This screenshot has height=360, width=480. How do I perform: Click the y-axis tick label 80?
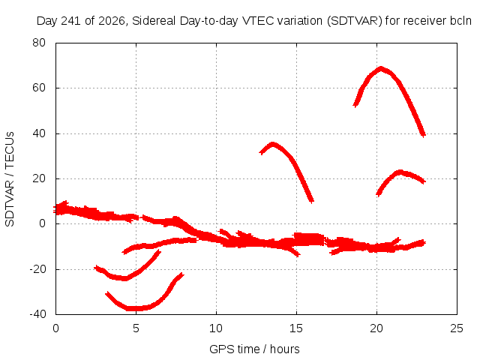click(x=39, y=43)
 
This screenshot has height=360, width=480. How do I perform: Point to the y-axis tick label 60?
click(x=39, y=88)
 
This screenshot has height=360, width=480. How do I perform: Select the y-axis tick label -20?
click(x=37, y=269)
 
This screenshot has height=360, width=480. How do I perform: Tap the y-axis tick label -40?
click(x=37, y=314)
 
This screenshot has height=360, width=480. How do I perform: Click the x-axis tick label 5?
click(x=136, y=328)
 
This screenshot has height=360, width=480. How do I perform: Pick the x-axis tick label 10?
click(x=216, y=328)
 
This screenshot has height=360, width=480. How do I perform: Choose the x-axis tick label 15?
click(x=296, y=328)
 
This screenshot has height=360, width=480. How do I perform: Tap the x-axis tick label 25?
click(x=457, y=328)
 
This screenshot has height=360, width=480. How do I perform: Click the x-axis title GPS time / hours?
click(x=254, y=349)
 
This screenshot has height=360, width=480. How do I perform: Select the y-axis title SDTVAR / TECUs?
click(x=10, y=179)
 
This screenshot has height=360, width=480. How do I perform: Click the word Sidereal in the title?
click(x=154, y=21)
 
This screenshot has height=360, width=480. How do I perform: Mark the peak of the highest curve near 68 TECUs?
click(x=380, y=68)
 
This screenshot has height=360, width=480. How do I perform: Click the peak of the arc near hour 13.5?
click(x=272, y=143)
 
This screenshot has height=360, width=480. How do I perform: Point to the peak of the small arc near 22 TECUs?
click(x=400, y=172)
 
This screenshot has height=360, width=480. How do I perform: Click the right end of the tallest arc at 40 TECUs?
click(x=424, y=135)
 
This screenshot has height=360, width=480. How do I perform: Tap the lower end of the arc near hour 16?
click(x=312, y=201)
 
